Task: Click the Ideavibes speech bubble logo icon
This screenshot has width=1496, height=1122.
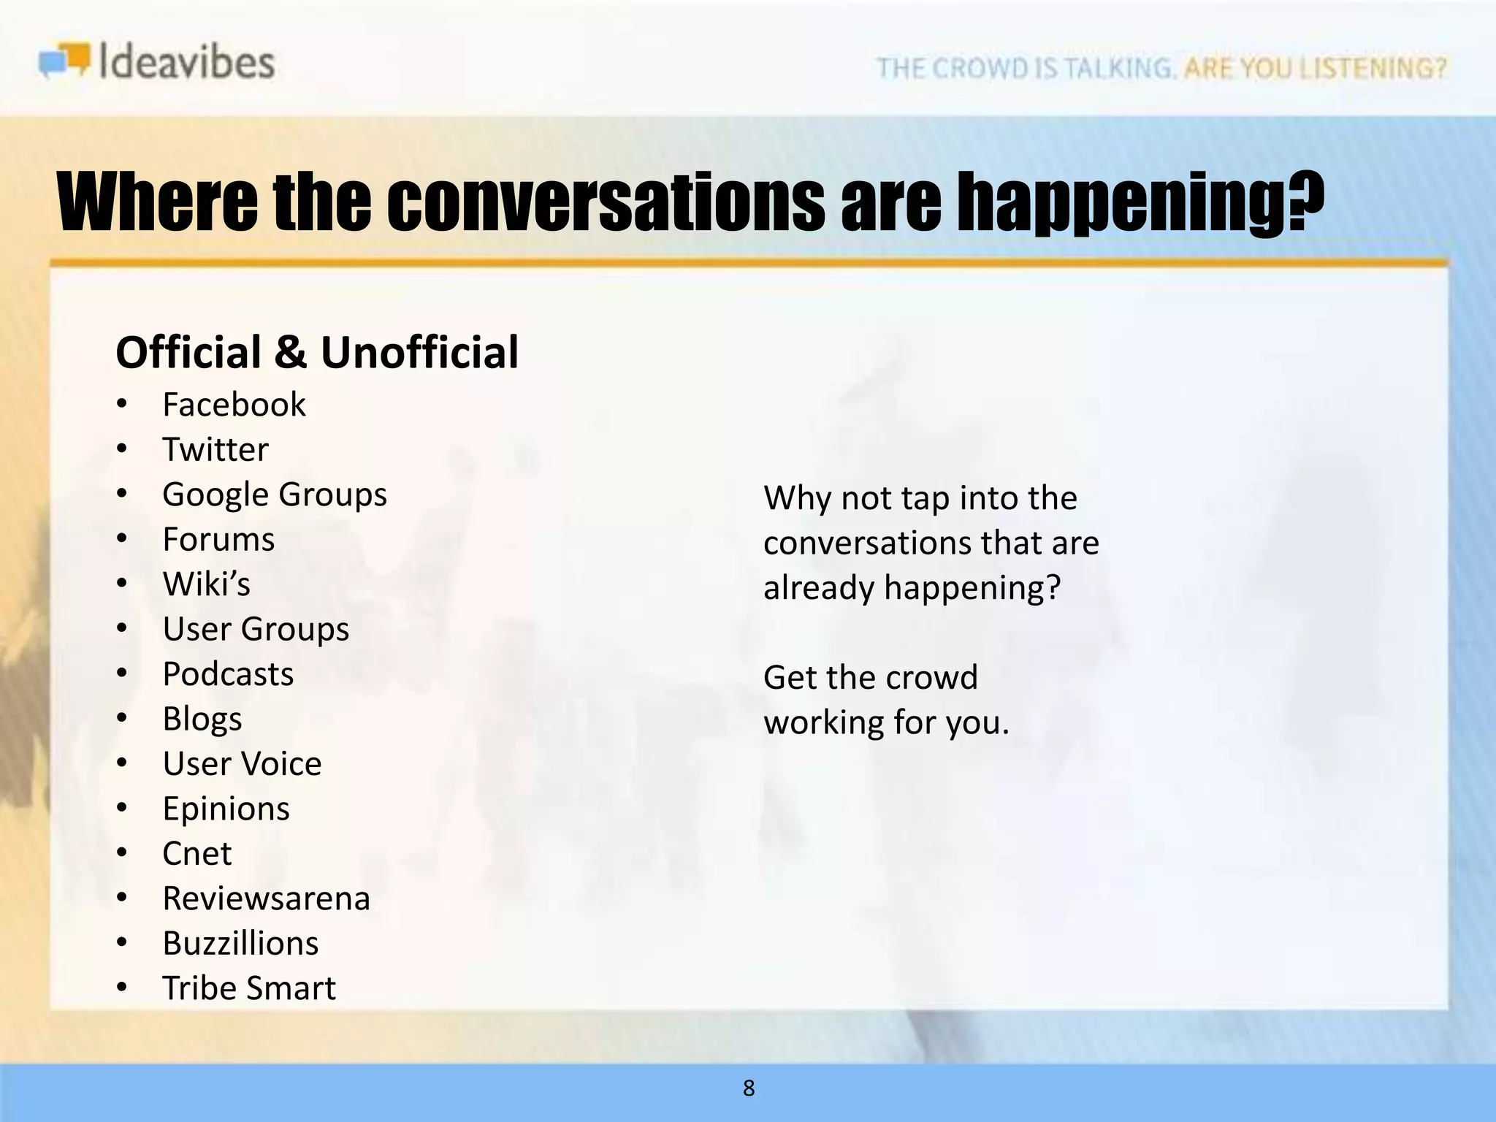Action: point(65,60)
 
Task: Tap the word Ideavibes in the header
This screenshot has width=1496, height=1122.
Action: point(186,61)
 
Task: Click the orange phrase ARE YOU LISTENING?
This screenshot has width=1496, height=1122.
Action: point(1315,68)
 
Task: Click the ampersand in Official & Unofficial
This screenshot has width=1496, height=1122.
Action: point(291,353)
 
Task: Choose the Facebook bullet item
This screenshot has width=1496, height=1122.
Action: point(234,405)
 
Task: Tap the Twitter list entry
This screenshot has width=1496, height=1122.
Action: point(215,449)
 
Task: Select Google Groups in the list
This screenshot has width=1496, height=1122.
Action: point(275,495)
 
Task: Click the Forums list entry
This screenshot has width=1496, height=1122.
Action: point(218,540)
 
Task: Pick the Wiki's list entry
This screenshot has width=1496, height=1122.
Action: point(207,584)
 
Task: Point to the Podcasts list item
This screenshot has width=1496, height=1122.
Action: point(228,674)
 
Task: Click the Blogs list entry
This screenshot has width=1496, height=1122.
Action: point(202,720)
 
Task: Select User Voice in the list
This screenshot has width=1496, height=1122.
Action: point(242,764)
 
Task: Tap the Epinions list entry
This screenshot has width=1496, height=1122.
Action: point(226,809)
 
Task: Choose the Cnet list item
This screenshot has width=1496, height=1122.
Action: point(197,854)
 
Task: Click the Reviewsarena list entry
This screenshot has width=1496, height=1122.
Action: point(267,898)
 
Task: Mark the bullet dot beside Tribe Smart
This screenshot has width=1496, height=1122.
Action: point(122,988)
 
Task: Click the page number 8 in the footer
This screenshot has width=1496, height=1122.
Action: point(749,1088)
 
